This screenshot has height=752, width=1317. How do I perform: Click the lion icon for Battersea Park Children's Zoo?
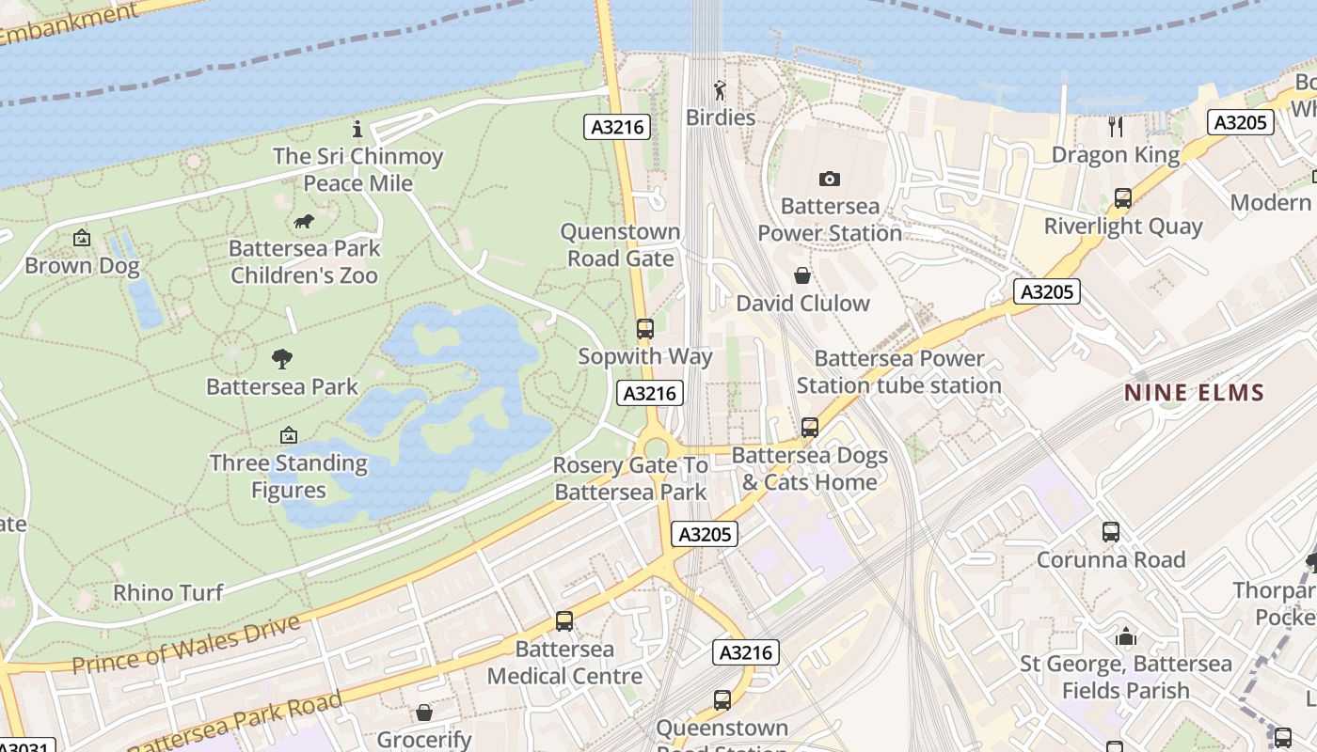303,222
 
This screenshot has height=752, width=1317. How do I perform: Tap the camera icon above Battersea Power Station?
829,179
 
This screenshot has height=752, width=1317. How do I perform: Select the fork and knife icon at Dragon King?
1116,126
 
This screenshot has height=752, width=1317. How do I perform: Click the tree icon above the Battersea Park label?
282,358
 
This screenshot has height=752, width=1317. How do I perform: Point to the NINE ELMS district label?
1195,393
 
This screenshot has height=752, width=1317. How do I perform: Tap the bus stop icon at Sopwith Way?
644,329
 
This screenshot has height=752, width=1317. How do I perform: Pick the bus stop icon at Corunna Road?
1110,532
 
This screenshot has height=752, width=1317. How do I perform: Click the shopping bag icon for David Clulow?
802,275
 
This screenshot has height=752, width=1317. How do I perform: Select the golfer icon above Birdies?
720,90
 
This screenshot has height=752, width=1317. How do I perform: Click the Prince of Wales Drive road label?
186,644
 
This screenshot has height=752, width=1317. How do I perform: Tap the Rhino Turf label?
168,592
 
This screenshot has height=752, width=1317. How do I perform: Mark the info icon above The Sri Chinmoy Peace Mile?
357,129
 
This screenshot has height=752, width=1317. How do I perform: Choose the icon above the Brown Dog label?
82,239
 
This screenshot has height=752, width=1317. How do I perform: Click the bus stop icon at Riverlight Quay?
1122,198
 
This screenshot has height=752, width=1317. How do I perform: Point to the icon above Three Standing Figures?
289,435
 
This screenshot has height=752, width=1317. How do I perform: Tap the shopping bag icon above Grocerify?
424,713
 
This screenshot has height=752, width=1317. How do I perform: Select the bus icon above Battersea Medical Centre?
564,621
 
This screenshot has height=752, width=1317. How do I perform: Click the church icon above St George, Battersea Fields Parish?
1126,637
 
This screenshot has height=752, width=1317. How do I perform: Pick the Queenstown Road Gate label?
621,244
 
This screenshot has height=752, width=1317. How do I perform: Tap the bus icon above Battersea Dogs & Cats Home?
809,428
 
